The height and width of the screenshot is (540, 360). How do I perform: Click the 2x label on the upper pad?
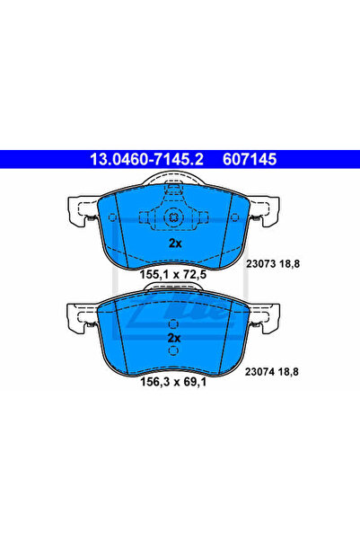pos(176,243)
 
